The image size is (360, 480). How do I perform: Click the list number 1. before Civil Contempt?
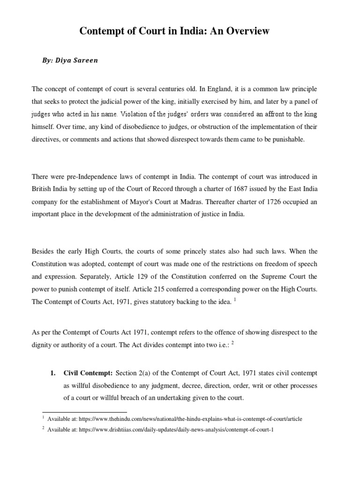click(53, 373)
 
